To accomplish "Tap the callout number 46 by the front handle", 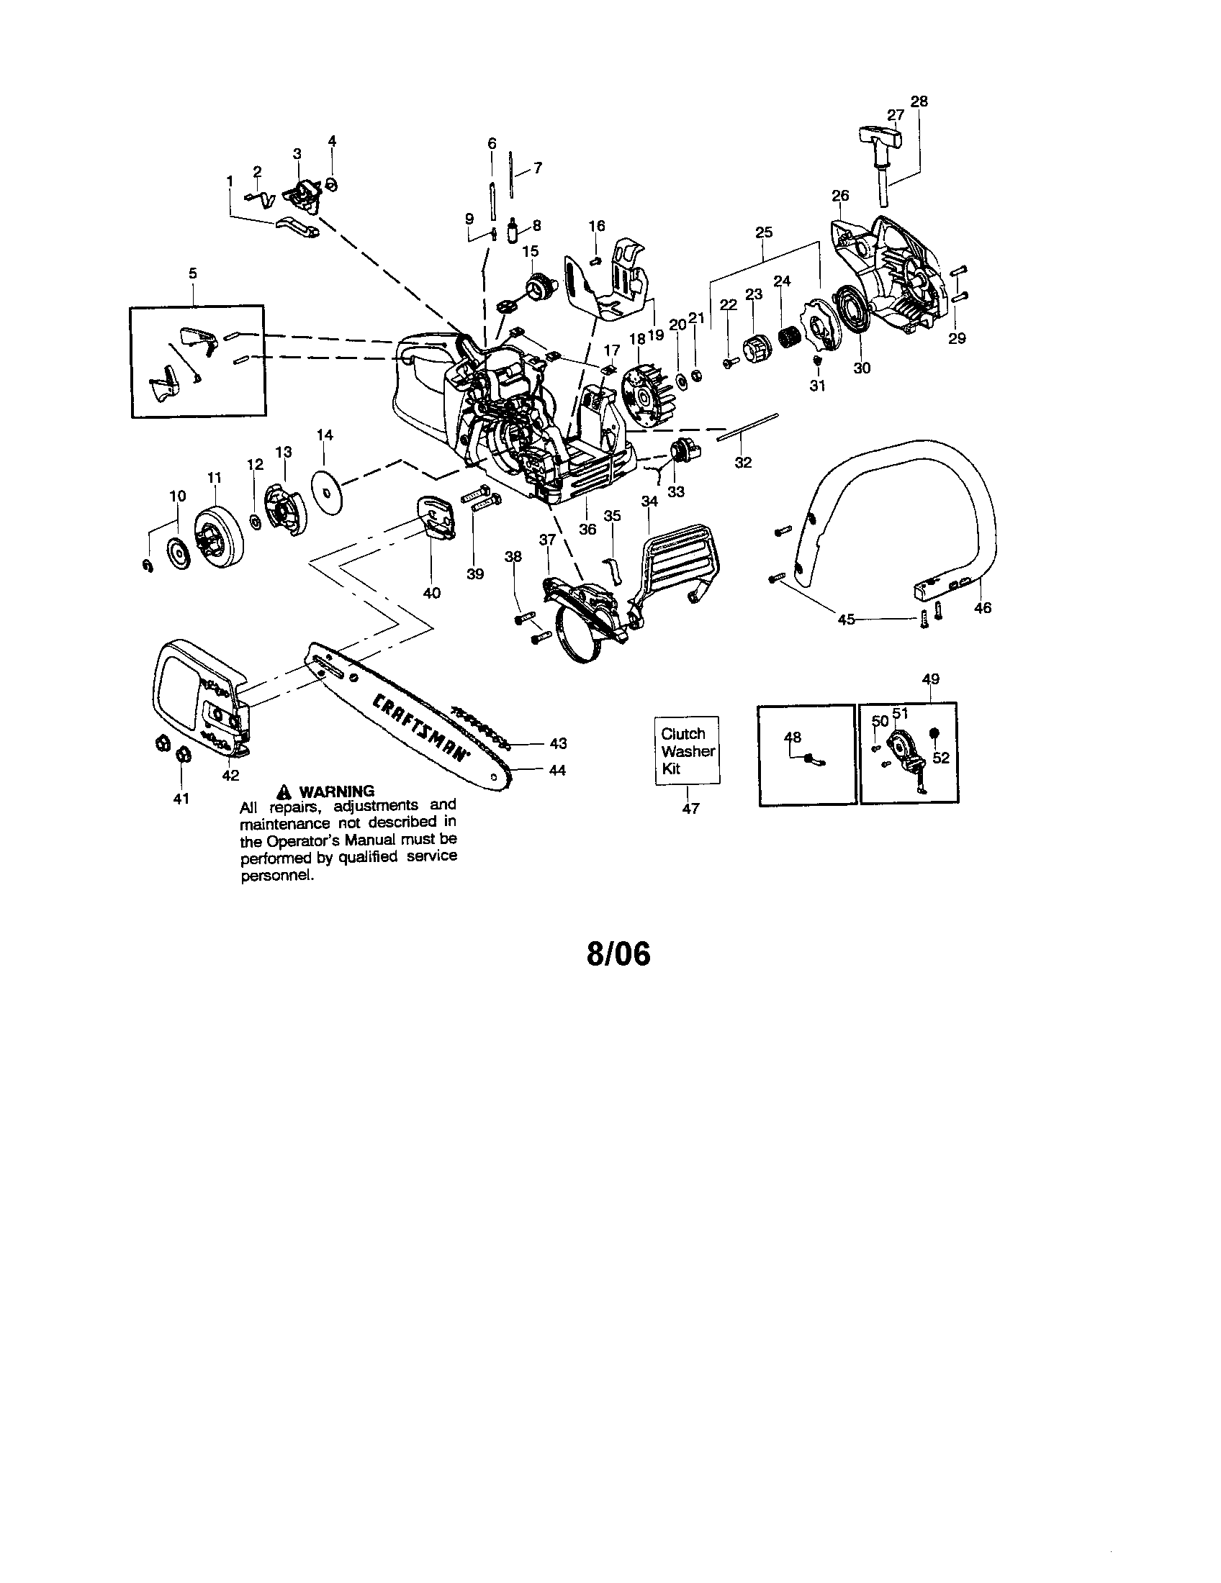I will pyautogui.click(x=982, y=608).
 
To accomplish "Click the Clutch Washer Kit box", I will pyautogui.click(x=688, y=751).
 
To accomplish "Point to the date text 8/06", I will pyautogui.click(x=618, y=954).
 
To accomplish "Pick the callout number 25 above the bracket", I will pyautogui.click(x=764, y=232).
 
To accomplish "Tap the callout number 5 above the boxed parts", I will pyautogui.click(x=192, y=273).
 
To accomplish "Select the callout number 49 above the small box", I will pyautogui.click(x=931, y=679).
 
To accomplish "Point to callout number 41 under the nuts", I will pyautogui.click(x=181, y=798).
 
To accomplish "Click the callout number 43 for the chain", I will pyautogui.click(x=557, y=744).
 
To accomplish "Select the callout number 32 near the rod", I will pyautogui.click(x=743, y=463).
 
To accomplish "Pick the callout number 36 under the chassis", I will pyautogui.click(x=587, y=530).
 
